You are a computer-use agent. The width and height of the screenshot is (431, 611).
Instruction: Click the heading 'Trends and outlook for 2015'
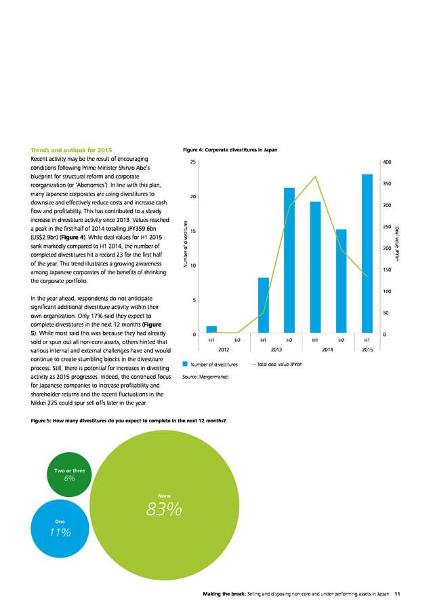pos(71,150)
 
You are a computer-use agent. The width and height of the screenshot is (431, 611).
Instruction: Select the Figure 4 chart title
pos(230,149)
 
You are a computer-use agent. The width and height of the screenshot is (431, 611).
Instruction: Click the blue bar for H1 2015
pos(367,254)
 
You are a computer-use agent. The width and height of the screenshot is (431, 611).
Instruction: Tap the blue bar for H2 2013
pos(289,260)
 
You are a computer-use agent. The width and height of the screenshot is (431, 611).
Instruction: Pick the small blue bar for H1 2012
pos(211,329)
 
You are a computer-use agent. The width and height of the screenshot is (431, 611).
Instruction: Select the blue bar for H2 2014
pos(341,281)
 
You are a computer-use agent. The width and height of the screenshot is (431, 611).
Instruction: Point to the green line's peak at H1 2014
pos(316,177)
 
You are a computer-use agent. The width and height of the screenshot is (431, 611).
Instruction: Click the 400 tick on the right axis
pos(387,162)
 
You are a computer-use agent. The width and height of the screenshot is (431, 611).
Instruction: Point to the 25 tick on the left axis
pos(193,162)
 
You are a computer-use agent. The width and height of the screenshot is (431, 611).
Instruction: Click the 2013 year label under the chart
pos(276,350)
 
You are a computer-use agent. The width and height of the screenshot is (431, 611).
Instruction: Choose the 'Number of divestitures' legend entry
pos(210,365)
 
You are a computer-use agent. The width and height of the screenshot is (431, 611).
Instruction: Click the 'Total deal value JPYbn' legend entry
pos(276,365)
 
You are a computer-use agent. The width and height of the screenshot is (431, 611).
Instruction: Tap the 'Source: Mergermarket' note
pos(205,377)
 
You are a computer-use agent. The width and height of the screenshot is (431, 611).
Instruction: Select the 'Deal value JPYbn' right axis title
pos(396,244)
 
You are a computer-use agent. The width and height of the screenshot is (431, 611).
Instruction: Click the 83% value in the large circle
pos(164,509)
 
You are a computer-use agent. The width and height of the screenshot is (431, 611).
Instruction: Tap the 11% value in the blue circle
pos(60,532)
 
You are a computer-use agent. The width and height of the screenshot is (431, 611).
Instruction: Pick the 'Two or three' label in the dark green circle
pos(69,470)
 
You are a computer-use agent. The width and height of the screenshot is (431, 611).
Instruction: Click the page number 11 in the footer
pos(397,594)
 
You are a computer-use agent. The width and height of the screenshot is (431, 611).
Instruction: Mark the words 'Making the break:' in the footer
pos(224,594)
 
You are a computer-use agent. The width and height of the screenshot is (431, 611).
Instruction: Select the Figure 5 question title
pos(128,421)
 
